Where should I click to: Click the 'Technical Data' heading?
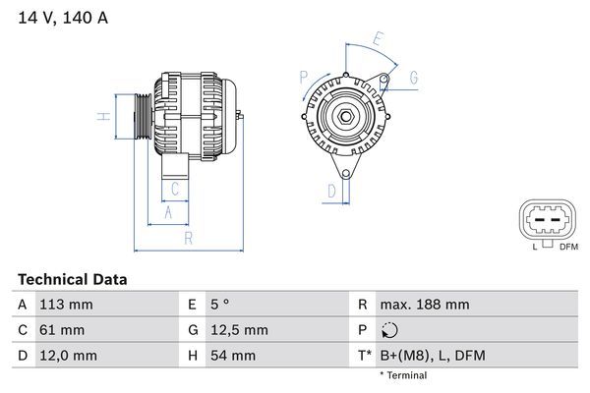click(x=71, y=280)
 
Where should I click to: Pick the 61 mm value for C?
click(x=61, y=330)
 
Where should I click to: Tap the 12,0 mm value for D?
click(x=66, y=355)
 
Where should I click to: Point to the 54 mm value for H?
click(x=230, y=355)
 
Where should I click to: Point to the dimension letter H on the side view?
click(x=101, y=117)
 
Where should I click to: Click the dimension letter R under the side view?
click(x=186, y=237)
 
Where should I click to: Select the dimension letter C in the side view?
click(x=174, y=188)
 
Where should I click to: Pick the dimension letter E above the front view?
click(x=377, y=40)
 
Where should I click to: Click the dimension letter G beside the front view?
click(x=414, y=77)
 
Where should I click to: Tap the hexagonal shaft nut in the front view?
click(x=347, y=119)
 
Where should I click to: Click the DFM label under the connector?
click(x=567, y=247)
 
